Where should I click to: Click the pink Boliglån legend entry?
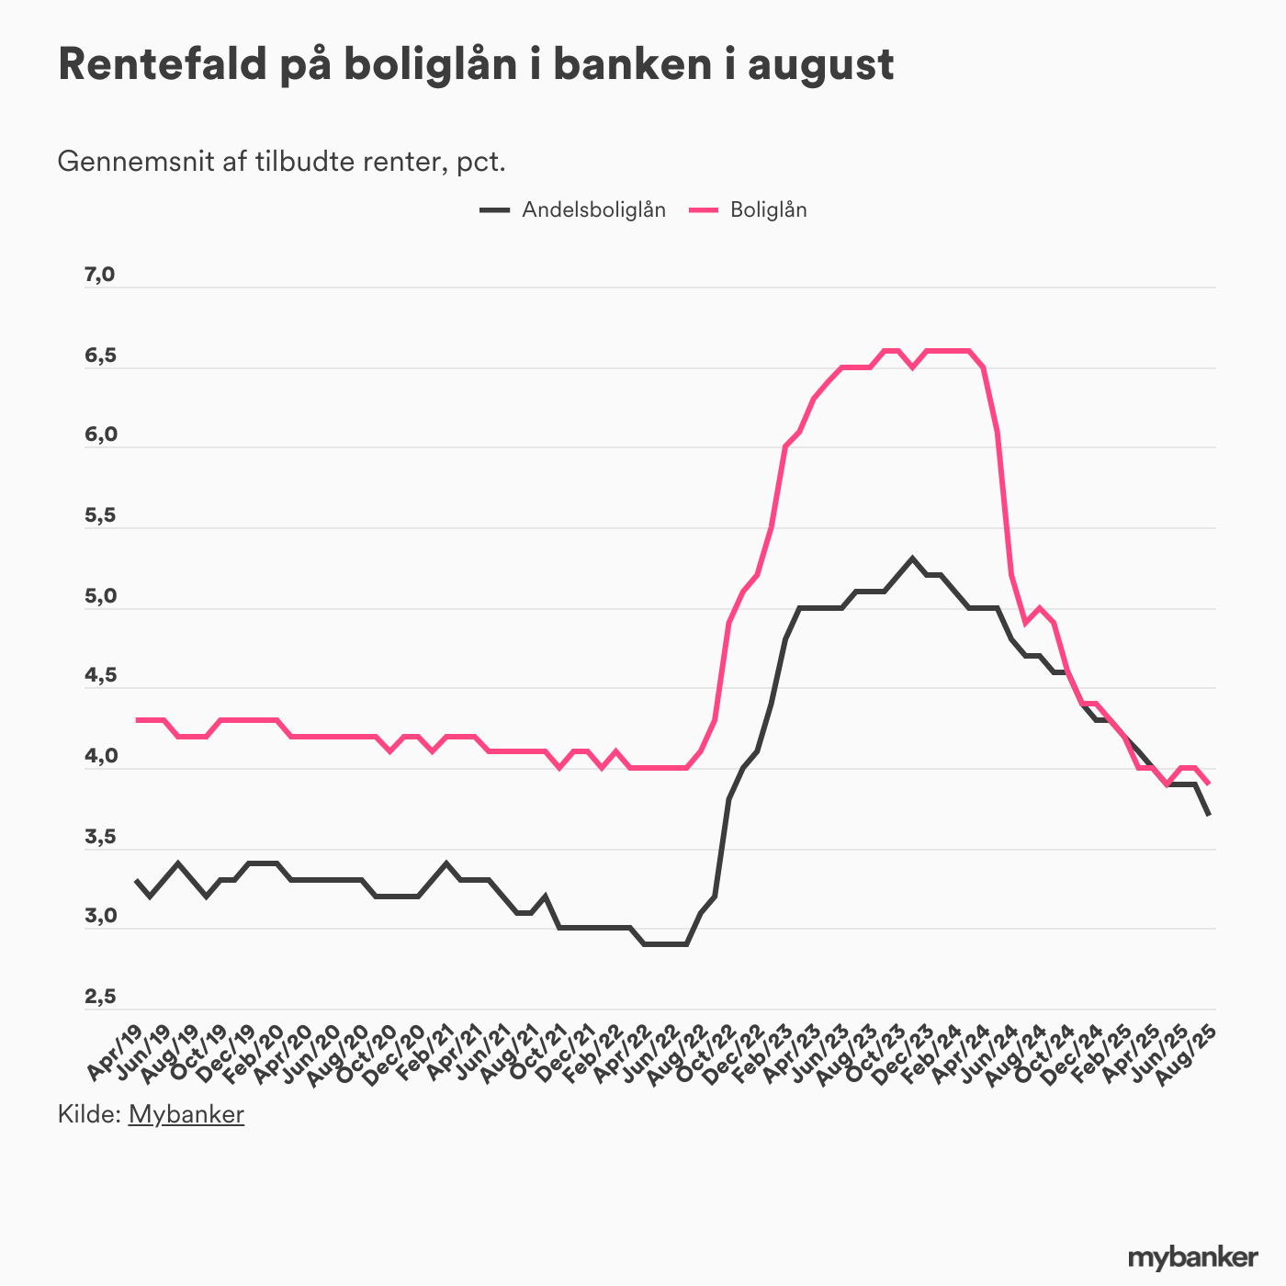tap(768, 209)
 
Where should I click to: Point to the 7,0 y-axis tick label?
tap(99, 275)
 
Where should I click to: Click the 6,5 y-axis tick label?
tap(99, 355)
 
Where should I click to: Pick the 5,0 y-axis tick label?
tap(99, 596)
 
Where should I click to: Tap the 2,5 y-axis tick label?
tap(99, 997)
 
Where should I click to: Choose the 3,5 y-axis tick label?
tap(99, 837)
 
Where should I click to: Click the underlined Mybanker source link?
tap(186, 1114)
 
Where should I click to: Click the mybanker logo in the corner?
tap(1192, 1257)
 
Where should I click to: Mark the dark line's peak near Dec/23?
tap(912, 558)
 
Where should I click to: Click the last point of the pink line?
tap(1209, 784)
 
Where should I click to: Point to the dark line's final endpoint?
tap(1209, 815)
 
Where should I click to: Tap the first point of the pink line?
tap(137, 719)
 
